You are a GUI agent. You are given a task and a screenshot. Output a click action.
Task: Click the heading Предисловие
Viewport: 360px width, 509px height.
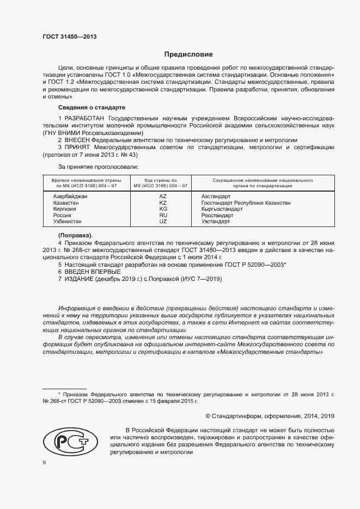pyautogui.click(x=188, y=54)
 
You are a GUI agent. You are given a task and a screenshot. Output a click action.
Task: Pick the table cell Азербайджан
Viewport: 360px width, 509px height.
pyautogui.click(x=70, y=196)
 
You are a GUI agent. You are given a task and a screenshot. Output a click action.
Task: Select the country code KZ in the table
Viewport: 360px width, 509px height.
pyautogui.click(x=163, y=203)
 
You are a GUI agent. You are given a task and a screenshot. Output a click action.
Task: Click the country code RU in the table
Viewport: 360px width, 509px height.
pyautogui.click(x=163, y=215)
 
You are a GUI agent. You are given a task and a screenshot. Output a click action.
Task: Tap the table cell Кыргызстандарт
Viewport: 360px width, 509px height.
pyautogui.click(x=222, y=209)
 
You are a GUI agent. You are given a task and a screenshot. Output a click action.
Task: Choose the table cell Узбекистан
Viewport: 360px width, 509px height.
pyautogui.click(x=68, y=222)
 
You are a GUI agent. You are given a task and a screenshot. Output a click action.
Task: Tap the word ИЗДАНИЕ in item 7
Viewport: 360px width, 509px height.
pyautogui.click(x=79, y=279)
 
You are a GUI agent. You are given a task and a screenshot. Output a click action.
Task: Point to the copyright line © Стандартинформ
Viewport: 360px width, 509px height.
pyautogui.click(x=270, y=416)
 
